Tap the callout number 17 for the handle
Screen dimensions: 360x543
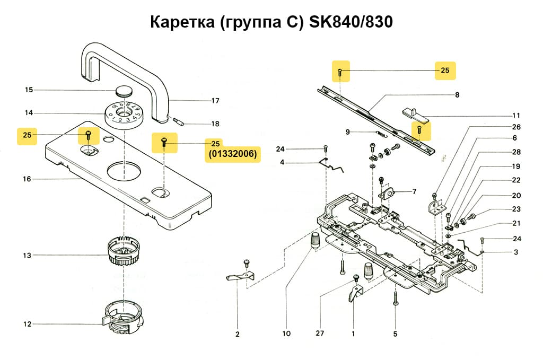click(x=215, y=101)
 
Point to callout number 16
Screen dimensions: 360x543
click(x=27, y=179)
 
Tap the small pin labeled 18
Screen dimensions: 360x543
click(x=178, y=123)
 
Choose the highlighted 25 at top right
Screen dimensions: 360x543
click(x=445, y=71)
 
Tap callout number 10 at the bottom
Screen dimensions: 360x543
click(x=286, y=334)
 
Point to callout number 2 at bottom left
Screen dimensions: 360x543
click(x=238, y=334)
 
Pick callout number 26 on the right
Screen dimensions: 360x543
click(x=516, y=127)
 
